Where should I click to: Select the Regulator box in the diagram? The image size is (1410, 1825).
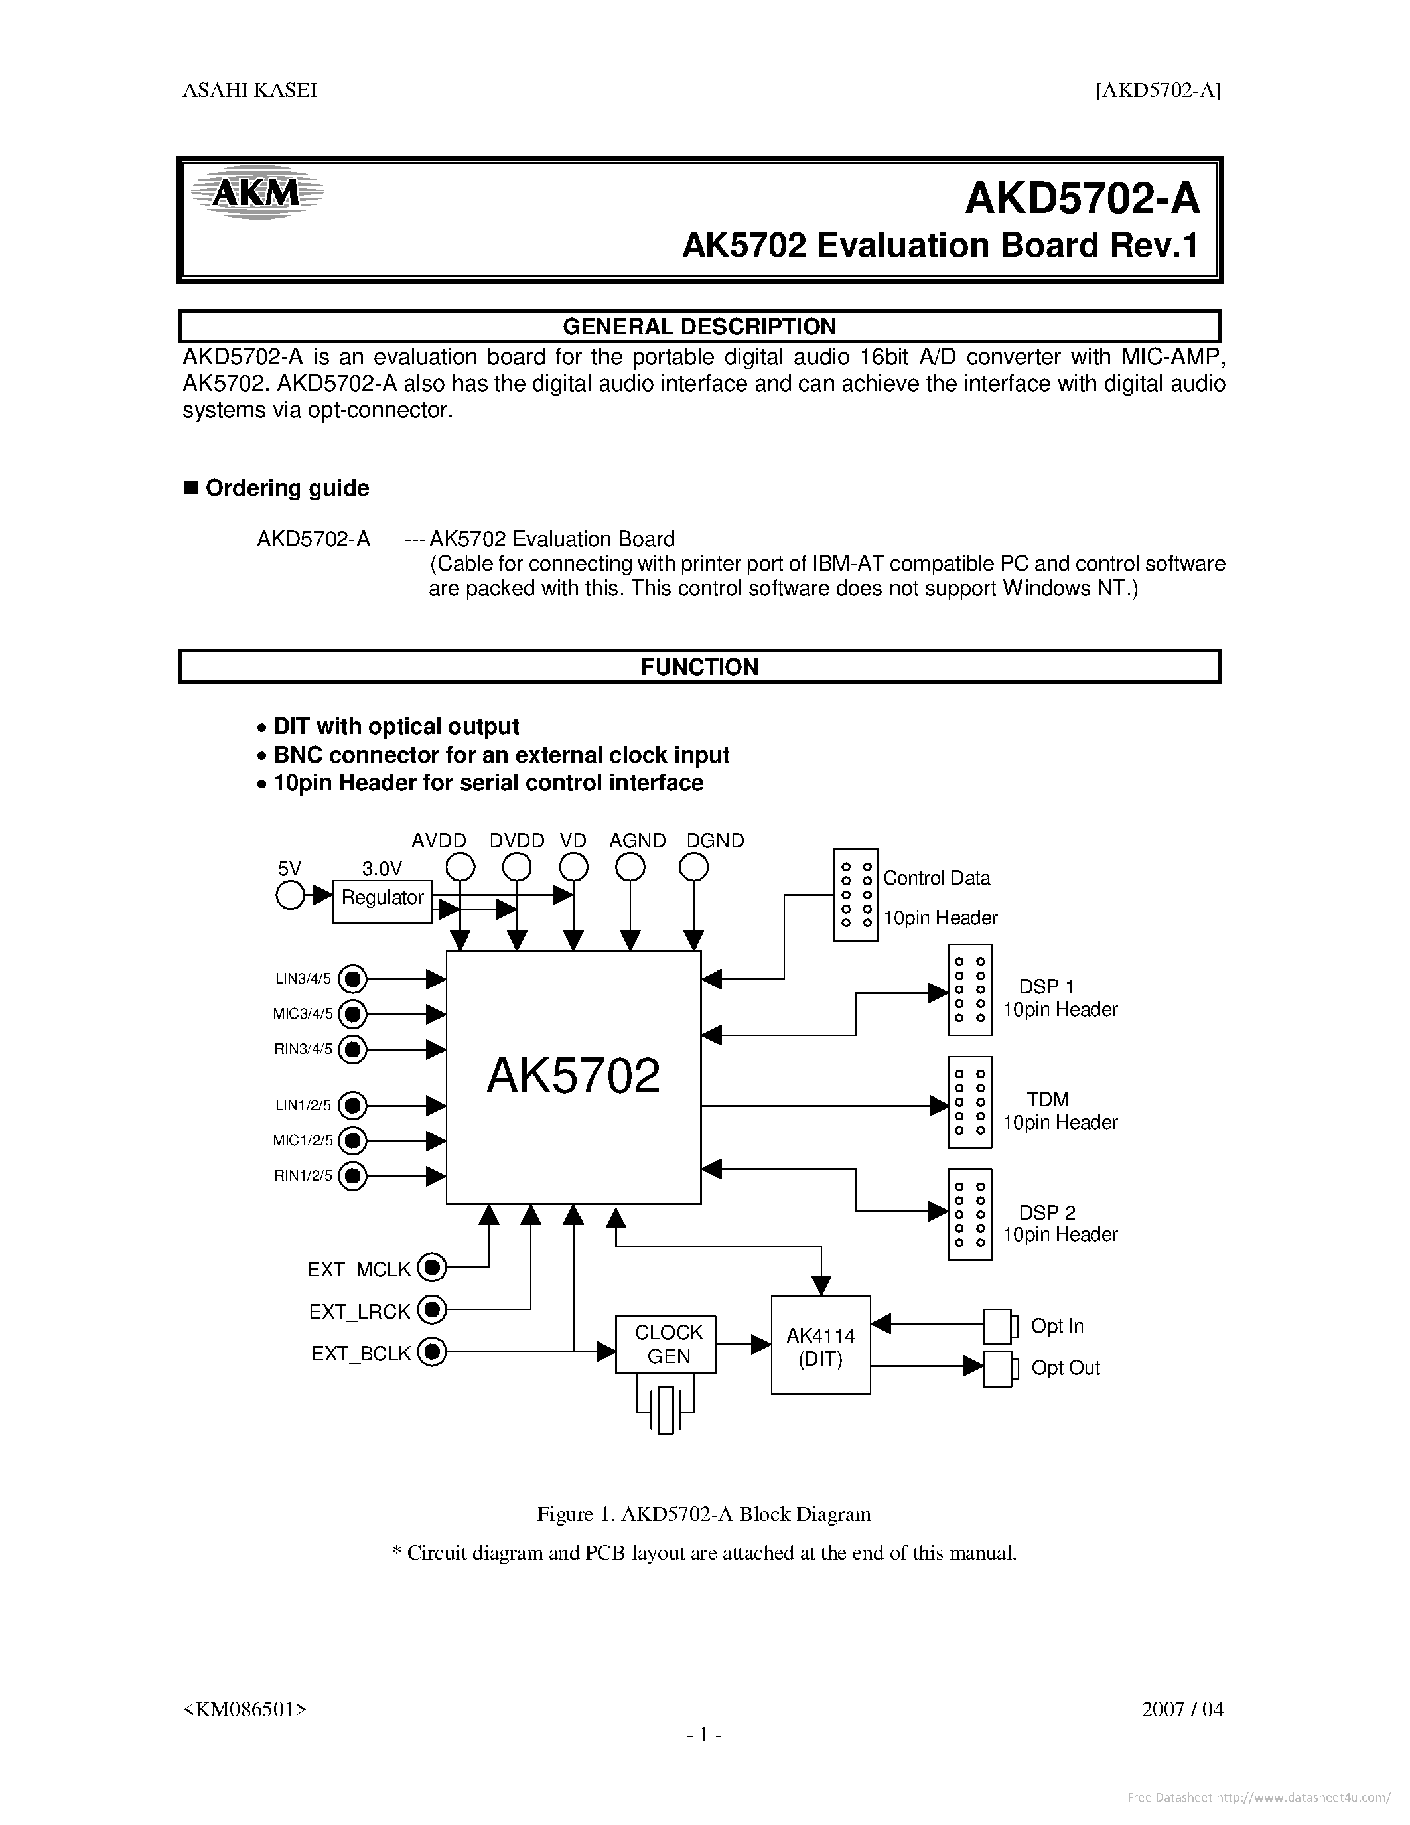pos(383,901)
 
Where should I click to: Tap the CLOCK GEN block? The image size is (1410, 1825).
pos(666,1344)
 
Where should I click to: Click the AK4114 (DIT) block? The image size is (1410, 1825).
pos(820,1344)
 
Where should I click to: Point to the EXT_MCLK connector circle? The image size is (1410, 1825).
pos(432,1268)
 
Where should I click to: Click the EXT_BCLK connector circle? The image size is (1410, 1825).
pos(432,1351)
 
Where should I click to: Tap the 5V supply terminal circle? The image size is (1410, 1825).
pos(289,896)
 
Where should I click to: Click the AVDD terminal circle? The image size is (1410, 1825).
pos(460,868)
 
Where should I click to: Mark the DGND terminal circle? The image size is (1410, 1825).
pos(693,868)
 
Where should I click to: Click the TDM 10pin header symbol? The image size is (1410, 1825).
pos(970,1102)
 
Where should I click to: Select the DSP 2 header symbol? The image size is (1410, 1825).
pos(970,1213)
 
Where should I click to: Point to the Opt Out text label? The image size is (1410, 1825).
pos(1065,1368)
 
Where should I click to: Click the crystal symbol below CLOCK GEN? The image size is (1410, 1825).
pos(666,1409)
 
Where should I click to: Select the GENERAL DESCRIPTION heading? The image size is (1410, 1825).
pos(699,326)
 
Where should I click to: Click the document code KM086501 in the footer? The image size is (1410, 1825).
pos(245,1709)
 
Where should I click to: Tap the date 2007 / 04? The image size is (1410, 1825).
pos(1182,1709)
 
